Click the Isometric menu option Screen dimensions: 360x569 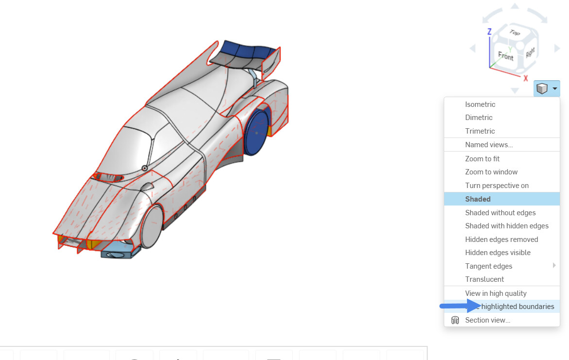[x=480, y=104]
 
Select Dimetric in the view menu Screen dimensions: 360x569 [x=479, y=118]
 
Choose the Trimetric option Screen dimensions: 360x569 [x=480, y=131]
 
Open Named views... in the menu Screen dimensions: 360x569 [x=489, y=145]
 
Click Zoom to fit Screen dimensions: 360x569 [x=482, y=159]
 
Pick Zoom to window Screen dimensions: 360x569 [x=491, y=172]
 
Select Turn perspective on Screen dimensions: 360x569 [x=497, y=186]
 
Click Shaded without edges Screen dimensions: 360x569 [x=500, y=213]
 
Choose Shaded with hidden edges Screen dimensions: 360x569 [x=506, y=226]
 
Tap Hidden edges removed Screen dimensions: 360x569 [x=502, y=240]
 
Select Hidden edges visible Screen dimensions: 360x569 [x=498, y=253]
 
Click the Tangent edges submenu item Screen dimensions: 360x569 [x=488, y=266]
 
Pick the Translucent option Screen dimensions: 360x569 [x=485, y=279]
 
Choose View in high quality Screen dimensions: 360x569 [x=496, y=293]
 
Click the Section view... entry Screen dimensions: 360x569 [x=487, y=320]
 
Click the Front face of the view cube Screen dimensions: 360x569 [x=505, y=56]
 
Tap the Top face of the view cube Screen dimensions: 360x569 [x=515, y=33]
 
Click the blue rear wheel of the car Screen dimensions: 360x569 [x=257, y=132]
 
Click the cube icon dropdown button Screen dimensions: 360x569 [x=546, y=88]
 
